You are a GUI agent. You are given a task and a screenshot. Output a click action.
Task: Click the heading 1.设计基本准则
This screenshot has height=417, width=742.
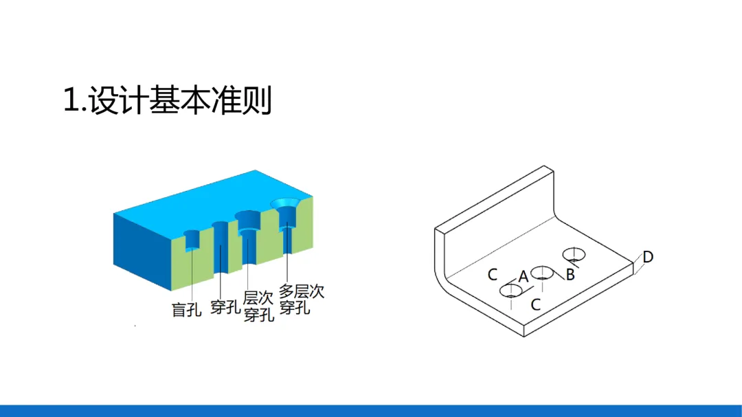click(x=168, y=101)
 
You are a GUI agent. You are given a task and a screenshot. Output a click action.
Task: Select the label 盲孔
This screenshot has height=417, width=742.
click(x=186, y=309)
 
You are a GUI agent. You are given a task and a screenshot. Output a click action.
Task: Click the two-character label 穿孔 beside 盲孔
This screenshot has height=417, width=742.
click(x=225, y=307)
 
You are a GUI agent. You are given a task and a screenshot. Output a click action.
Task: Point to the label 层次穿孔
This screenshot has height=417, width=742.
click(x=258, y=306)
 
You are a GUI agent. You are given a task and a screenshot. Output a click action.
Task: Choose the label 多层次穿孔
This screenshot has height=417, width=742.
click(x=302, y=299)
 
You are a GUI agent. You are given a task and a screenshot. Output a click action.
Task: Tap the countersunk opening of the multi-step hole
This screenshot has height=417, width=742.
click(x=285, y=204)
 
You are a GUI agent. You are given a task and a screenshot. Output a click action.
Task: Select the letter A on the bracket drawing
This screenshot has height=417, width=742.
click(x=524, y=276)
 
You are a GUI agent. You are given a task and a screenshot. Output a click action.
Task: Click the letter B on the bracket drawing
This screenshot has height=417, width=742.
click(x=570, y=275)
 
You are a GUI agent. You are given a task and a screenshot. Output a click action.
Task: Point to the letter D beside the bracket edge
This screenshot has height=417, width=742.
click(x=648, y=258)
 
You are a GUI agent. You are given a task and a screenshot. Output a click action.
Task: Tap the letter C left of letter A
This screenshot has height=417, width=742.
click(x=493, y=275)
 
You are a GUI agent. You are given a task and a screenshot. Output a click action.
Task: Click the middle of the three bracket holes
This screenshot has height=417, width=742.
click(x=543, y=273)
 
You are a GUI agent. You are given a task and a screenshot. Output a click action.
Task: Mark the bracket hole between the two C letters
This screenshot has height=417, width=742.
click(x=511, y=291)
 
